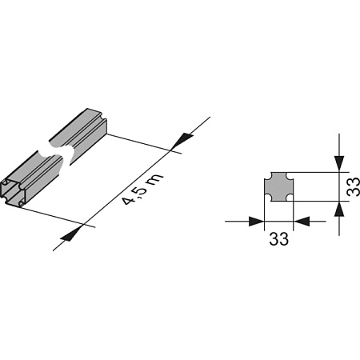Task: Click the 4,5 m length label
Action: [x=142, y=190]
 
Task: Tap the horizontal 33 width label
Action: [x=278, y=238]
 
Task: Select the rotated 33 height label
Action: [x=353, y=187]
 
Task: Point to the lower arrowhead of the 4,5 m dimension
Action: [x=71, y=234]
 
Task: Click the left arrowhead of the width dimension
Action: [x=256, y=221]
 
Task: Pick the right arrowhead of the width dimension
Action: [x=302, y=221]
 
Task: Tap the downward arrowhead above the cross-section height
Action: [x=339, y=163]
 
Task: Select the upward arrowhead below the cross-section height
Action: [x=339, y=209]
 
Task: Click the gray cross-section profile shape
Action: [x=278, y=187]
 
